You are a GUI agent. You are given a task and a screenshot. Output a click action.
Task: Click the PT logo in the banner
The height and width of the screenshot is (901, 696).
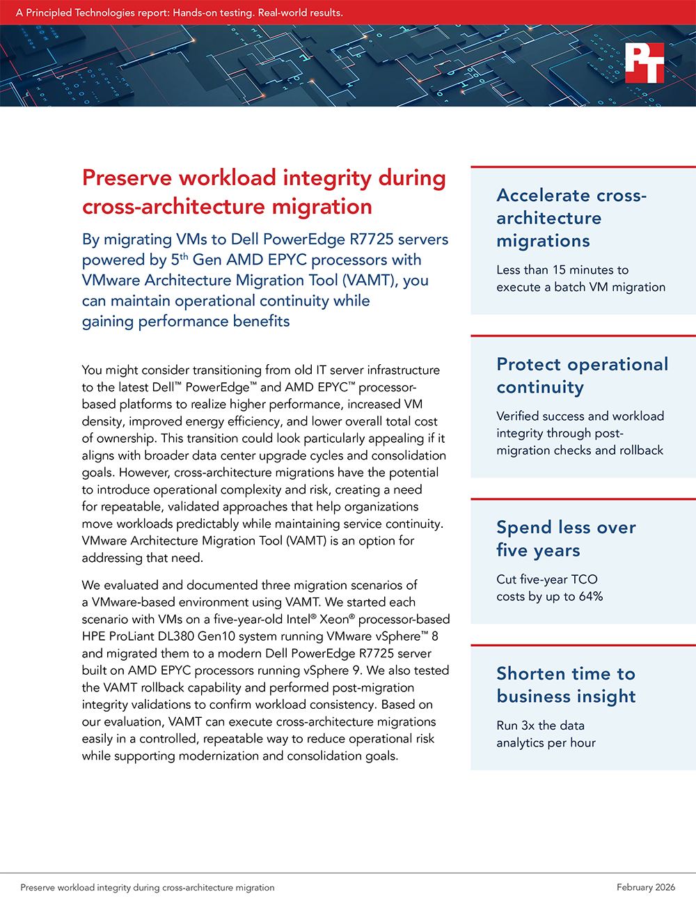[x=644, y=63]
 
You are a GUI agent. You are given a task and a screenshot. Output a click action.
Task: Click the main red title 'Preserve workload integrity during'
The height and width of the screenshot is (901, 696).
[x=264, y=178]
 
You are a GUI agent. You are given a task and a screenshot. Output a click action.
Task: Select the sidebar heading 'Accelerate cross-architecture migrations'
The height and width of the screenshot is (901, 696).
[x=571, y=218]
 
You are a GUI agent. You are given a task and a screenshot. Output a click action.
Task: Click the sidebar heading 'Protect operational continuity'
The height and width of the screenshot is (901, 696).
[x=582, y=375]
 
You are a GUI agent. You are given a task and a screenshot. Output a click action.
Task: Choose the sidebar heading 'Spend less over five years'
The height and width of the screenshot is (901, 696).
[x=566, y=539]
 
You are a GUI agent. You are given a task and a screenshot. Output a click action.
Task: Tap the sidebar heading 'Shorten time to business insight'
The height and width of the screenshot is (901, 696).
[x=566, y=685]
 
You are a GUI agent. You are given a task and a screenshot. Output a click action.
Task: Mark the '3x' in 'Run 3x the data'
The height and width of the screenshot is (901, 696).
[x=528, y=726]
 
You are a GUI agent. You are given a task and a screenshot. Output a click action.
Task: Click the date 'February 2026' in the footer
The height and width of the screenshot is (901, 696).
[x=645, y=887]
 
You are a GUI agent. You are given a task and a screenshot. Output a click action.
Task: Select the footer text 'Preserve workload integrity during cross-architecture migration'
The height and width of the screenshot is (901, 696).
[x=148, y=888]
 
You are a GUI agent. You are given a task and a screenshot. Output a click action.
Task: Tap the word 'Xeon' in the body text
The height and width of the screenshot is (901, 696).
[x=334, y=619]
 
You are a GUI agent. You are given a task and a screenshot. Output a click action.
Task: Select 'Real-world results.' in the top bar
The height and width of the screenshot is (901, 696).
[x=301, y=13]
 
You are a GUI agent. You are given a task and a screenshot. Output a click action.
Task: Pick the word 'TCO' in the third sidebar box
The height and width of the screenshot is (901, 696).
[x=585, y=579]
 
